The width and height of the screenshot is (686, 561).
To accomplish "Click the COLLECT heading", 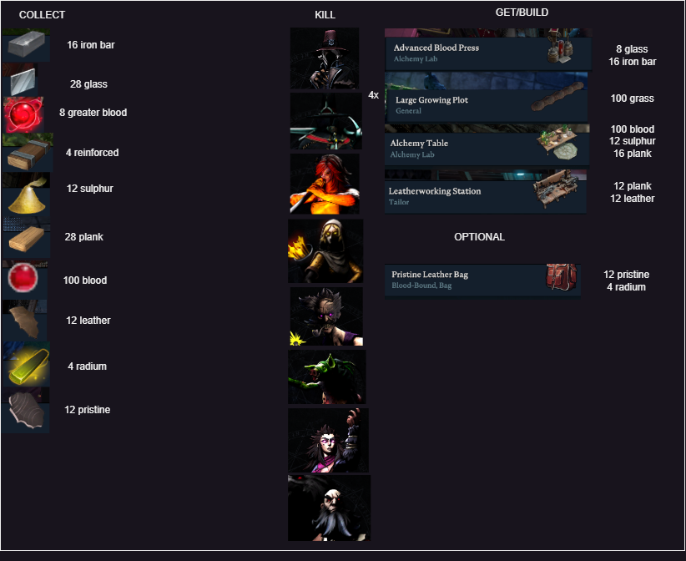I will pyautogui.click(x=42, y=15).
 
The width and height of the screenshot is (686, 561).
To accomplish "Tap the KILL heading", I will pyautogui.click(x=325, y=15).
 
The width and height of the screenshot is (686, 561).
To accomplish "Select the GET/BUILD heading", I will pyautogui.click(x=522, y=13).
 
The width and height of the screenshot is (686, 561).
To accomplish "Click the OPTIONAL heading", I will pyautogui.click(x=479, y=237).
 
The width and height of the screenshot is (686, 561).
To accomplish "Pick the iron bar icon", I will pyautogui.click(x=26, y=45).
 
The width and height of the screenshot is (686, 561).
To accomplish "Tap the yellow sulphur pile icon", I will pyautogui.click(x=26, y=194).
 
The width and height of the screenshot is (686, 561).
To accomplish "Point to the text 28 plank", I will pyautogui.click(x=83, y=237).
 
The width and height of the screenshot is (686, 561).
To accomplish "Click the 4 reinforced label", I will pyautogui.click(x=92, y=153).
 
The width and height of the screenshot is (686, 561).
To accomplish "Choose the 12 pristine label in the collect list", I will pyautogui.click(x=87, y=410).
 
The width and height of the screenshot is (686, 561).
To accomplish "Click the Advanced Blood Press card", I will pyautogui.click(x=486, y=52).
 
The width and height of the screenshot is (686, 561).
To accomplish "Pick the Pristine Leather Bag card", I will pyautogui.click(x=482, y=279).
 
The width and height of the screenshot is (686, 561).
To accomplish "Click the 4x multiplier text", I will pyautogui.click(x=373, y=95).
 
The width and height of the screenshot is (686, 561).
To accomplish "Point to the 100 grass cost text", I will pyautogui.click(x=632, y=99).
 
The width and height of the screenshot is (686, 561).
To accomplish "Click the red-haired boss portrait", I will pyautogui.click(x=325, y=184).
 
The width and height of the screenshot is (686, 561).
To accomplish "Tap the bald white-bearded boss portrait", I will pyautogui.click(x=329, y=508).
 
